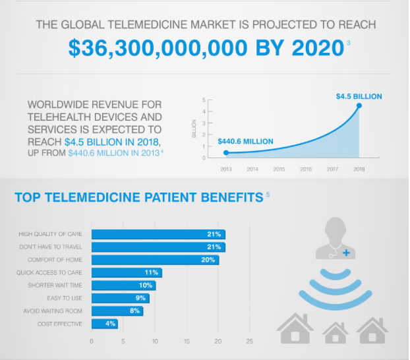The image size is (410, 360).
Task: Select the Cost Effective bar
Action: (104, 324)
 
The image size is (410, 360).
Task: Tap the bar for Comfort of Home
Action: (155, 260)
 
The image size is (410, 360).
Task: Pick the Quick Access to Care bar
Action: (127, 272)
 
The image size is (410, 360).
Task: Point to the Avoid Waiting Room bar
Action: (117, 311)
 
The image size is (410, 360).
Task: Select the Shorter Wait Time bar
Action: (123, 285)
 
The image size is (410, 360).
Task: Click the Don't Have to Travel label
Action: (55, 247)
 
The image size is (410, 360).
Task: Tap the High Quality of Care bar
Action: (158, 234)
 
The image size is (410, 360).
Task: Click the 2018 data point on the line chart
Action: (359, 105)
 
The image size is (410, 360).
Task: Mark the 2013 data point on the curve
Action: (226, 153)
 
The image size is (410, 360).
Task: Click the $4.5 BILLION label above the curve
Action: (359, 96)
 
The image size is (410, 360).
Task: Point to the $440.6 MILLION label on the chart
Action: (245, 142)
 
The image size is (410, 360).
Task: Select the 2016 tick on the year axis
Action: (306, 169)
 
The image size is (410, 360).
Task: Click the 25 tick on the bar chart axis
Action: (249, 341)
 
